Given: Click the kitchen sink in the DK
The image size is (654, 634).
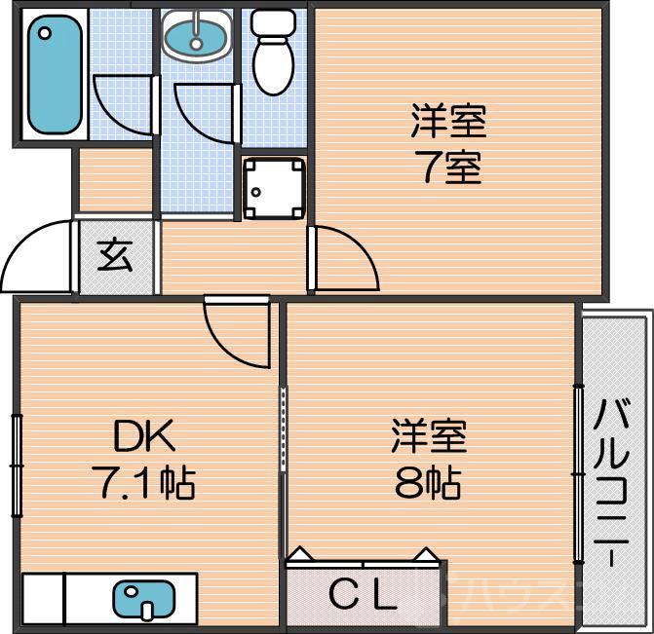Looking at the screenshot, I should click(x=144, y=598).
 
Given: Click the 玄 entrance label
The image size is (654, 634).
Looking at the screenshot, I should click(x=115, y=257).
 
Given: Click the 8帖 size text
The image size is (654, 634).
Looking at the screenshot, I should click(x=428, y=481).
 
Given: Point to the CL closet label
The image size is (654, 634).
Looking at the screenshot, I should click(x=362, y=594).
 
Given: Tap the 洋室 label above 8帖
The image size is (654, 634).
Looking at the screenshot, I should click(x=429, y=436).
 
